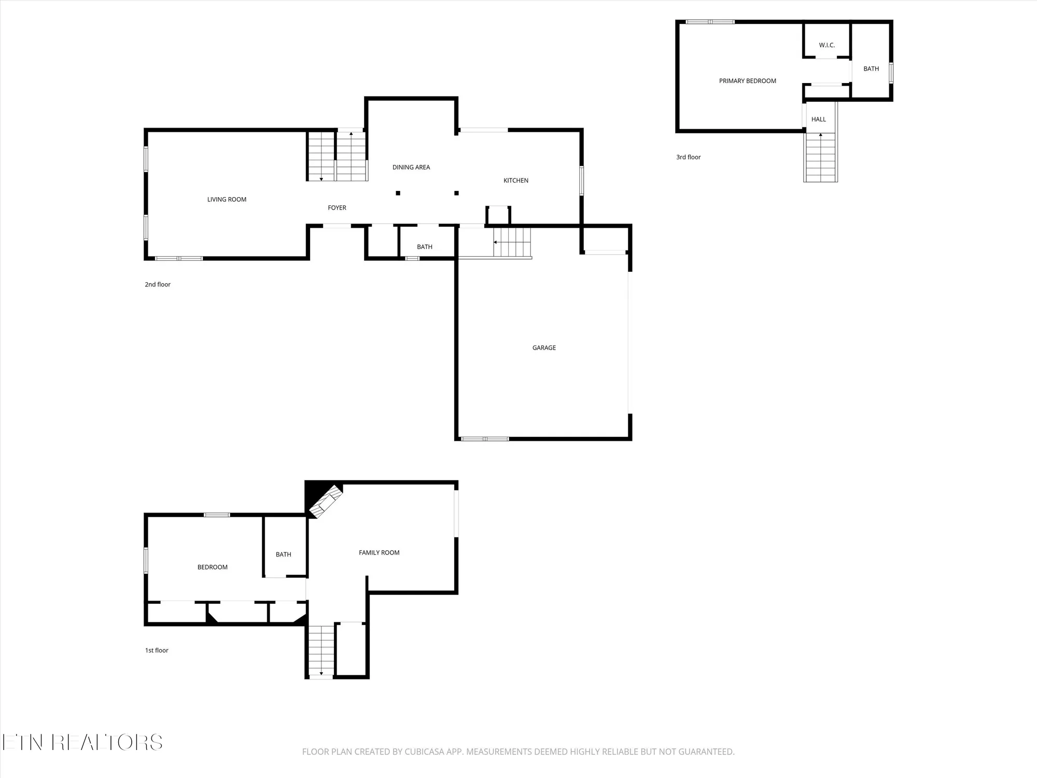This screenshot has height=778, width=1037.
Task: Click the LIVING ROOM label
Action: coord(227,199)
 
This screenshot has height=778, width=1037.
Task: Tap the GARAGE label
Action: coord(544,348)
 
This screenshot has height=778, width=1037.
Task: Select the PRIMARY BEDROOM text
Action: coord(747,81)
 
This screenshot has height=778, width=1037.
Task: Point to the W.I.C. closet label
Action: coord(826,45)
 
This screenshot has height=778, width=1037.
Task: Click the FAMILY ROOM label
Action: coord(379,552)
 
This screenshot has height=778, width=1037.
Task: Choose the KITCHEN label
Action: coord(516,180)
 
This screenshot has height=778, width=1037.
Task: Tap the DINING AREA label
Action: coord(411,167)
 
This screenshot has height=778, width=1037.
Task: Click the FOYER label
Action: coord(337,207)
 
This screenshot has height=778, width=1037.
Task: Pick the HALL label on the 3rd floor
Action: coord(818,119)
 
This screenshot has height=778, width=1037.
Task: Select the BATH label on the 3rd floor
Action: coord(871,68)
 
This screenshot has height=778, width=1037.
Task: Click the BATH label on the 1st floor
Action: coord(283,554)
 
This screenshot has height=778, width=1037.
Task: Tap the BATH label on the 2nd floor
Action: coord(424,247)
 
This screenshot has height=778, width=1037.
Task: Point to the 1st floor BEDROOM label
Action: coord(212,567)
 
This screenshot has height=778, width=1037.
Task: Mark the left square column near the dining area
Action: coord(398,193)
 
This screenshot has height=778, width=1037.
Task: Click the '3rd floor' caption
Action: coord(688,157)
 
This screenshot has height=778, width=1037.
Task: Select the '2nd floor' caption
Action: coord(157,284)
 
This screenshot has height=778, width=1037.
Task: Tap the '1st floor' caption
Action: coord(156,650)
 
